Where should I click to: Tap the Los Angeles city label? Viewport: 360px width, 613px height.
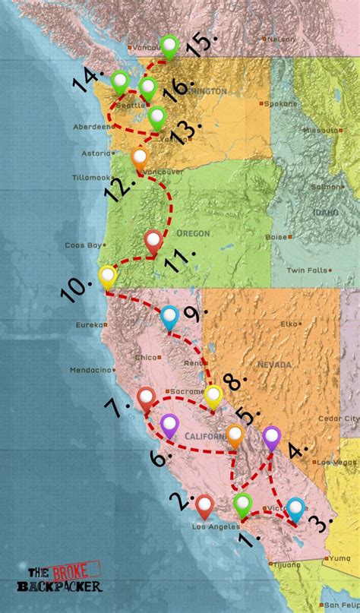point(210,526)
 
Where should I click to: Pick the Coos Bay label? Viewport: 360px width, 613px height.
point(84,245)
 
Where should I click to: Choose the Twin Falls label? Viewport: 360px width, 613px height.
point(306,270)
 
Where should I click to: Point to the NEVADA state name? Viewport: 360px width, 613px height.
point(273,365)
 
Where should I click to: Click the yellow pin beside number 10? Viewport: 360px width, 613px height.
point(108,276)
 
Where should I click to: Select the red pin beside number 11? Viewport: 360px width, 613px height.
point(153,242)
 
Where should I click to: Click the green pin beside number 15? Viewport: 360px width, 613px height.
point(169,46)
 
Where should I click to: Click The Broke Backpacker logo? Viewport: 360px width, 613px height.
point(64,580)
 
